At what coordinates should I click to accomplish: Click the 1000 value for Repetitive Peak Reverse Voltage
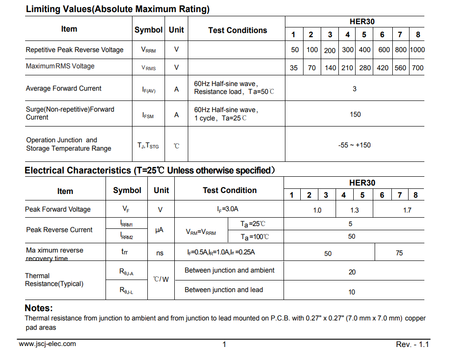pos(417,50)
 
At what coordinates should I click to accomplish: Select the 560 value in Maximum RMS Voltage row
pos(400,67)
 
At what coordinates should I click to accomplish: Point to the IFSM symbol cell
pos(148,115)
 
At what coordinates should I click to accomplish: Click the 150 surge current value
pos(355,114)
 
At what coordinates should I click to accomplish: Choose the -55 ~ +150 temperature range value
pos(355,145)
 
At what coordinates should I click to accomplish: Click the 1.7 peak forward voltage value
pos(407,210)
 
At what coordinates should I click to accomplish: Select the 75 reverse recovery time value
pos(399,253)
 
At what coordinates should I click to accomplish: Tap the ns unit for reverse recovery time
pos(160,253)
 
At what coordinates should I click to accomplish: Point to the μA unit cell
pos(159,230)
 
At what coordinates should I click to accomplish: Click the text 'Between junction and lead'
pos(224,290)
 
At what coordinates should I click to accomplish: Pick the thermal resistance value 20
pos(352,272)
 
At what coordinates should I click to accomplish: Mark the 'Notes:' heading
pos(39,308)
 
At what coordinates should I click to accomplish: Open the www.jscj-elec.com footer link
pos(47,344)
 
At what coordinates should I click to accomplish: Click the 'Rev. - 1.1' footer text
pos(412,345)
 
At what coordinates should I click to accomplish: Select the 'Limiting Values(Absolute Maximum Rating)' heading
pos(118,9)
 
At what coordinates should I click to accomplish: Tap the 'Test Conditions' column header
pos(238,30)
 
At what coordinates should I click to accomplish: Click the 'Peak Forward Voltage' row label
pos(58,209)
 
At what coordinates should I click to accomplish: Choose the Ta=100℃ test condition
pos(254,237)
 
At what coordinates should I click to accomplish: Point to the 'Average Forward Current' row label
pos(64,88)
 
